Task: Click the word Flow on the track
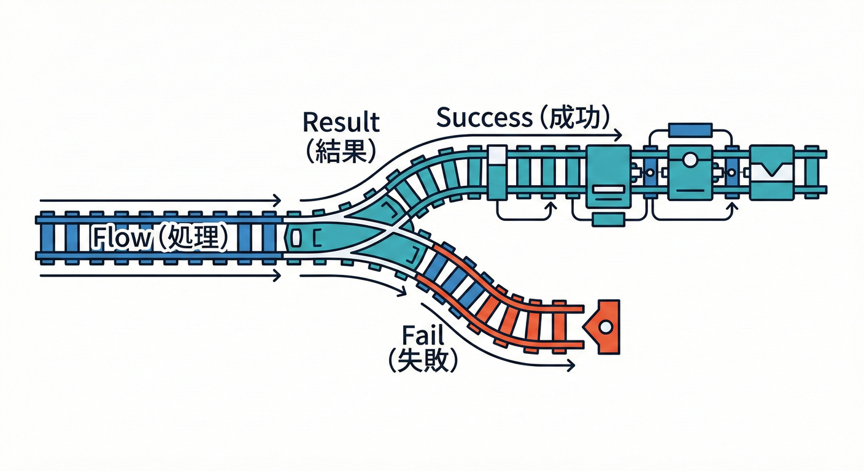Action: click(120, 238)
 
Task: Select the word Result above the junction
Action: click(341, 122)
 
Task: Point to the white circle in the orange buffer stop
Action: click(606, 327)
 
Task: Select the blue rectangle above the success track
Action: click(690, 130)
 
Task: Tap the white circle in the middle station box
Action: click(690, 160)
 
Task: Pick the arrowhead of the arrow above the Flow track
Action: click(278, 201)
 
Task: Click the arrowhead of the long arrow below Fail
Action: click(571, 366)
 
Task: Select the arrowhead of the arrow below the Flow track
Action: click(278, 276)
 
